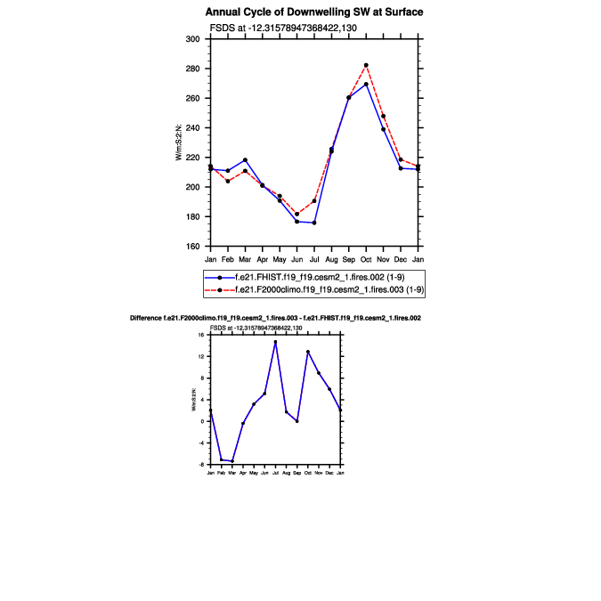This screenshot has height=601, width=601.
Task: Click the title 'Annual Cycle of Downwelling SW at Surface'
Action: pos(314,12)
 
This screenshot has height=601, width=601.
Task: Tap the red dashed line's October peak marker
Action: pos(366,65)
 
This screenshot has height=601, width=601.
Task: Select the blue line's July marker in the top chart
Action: pos(314,223)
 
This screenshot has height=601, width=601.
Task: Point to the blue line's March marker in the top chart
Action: pos(245,160)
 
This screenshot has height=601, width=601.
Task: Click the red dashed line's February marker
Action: pos(228,182)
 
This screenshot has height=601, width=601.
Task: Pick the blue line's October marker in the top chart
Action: pos(366,84)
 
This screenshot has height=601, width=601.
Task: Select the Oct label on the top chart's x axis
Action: pos(366,258)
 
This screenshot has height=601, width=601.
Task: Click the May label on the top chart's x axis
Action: pos(280,258)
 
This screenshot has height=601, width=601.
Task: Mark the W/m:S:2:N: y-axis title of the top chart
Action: pos(181,142)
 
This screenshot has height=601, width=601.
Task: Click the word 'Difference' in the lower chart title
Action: pos(146,318)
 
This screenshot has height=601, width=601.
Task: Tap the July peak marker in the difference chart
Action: pos(275,341)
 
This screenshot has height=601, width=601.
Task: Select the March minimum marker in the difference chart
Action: pos(232,461)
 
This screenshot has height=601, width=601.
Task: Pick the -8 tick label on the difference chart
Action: pos(203,464)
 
